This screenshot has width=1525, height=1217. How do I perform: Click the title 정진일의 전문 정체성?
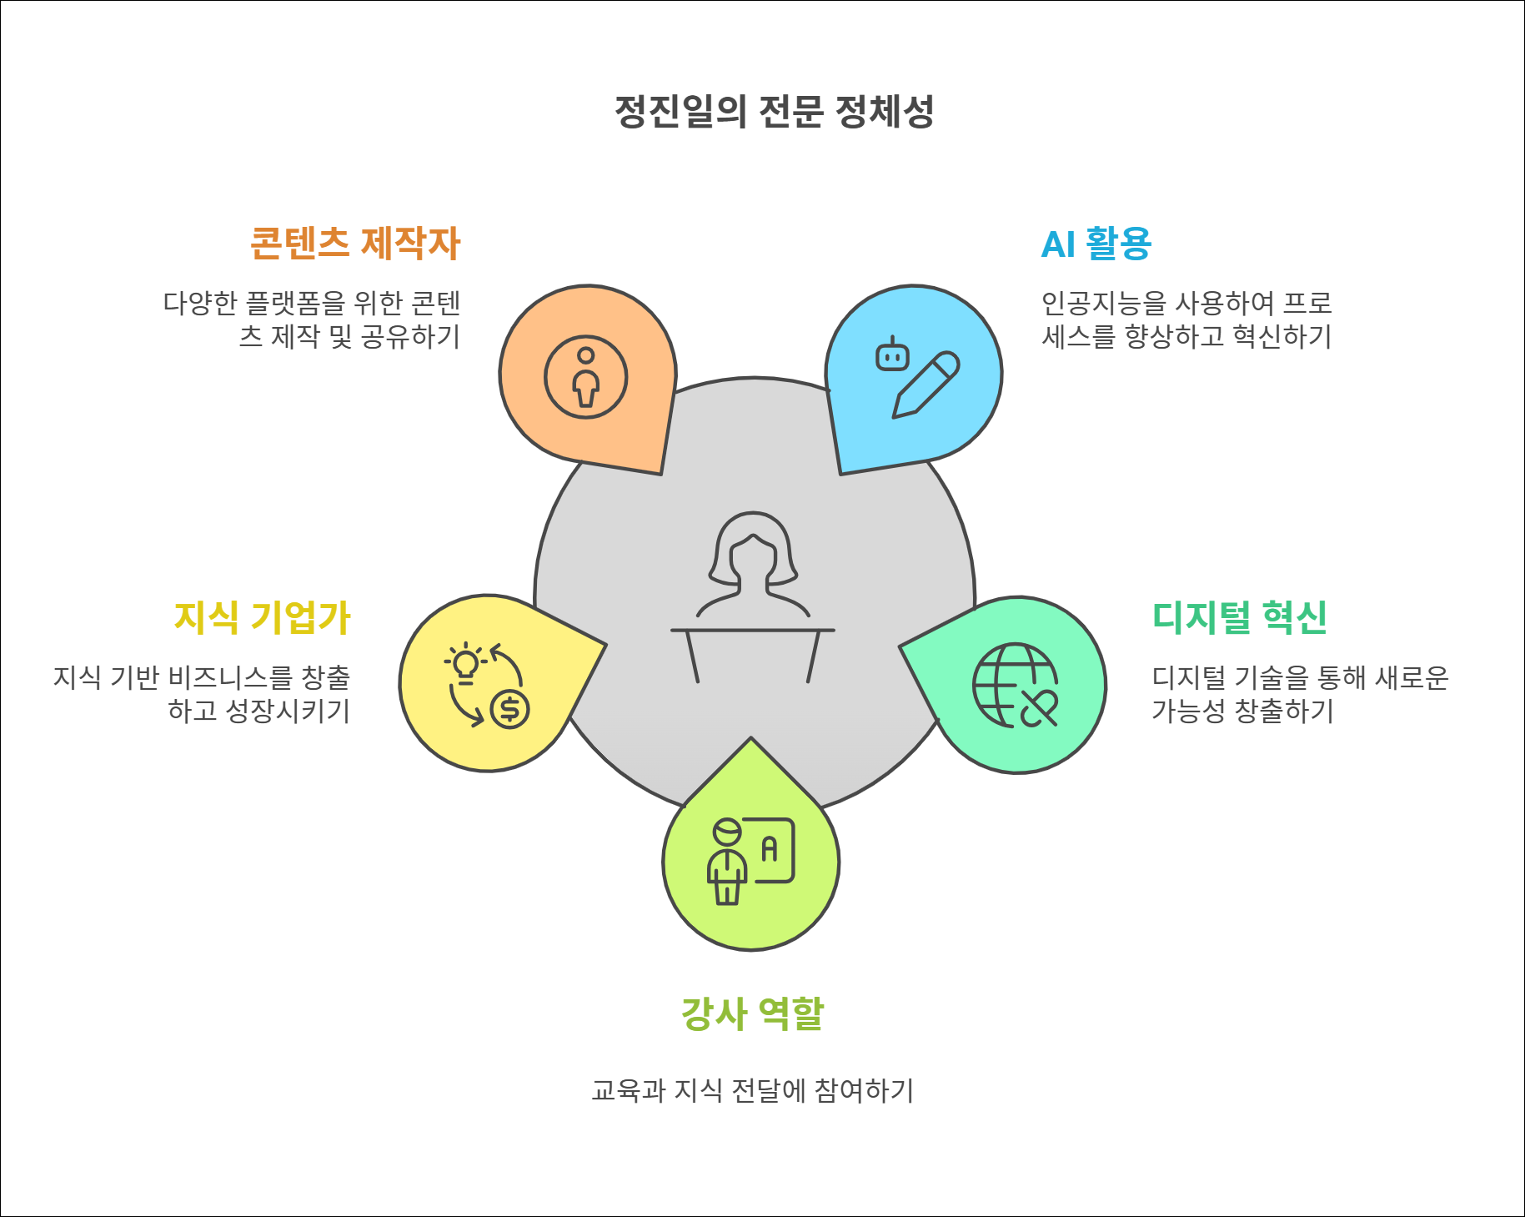pyautogui.click(x=774, y=112)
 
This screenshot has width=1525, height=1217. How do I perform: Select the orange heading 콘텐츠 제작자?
pyautogui.click(x=355, y=244)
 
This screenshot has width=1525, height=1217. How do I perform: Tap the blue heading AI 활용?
pyautogui.click(x=1096, y=244)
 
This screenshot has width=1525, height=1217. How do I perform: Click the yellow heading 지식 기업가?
pyautogui.click(x=262, y=618)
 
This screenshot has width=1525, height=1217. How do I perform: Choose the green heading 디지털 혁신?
pyautogui.click(x=1239, y=618)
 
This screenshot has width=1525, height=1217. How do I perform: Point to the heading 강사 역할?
pyautogui.click(x=752, y=1014)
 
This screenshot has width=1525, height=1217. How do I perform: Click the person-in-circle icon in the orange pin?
pyautogui.click(x=586, y=377)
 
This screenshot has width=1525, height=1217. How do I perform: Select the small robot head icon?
pyautogui.click(x=892, y=355)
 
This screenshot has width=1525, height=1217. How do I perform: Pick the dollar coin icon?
pyautogui.click(x=509, y=710)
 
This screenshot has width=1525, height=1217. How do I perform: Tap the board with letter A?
pyautogui.click(x=774, y=850)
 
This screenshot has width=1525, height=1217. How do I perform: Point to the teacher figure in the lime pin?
pyautogui.click(x=726, y=862)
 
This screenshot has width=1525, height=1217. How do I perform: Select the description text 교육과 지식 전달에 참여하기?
pyautogui.click(x=752, y=1091)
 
